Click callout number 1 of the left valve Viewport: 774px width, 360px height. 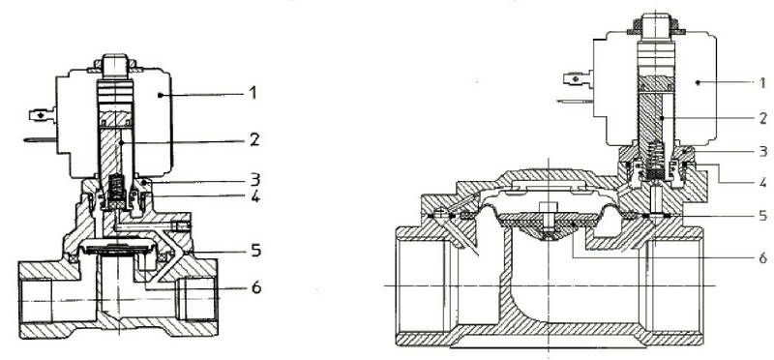(x=253, y=92)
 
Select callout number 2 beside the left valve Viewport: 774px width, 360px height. (x=254, y=139)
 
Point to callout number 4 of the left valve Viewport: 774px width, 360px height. (x=254, y=196)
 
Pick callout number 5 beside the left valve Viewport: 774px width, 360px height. (x=255, y=251)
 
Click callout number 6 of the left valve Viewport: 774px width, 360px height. (x=255, y=286)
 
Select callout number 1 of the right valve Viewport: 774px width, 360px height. (x=763, y=82)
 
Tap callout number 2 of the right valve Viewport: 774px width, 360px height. (x=763, y=118)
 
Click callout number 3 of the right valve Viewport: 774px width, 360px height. (x=763, y=151)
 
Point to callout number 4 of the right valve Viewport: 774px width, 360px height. (x=763, y=183)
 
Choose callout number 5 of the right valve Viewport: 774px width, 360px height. (x=763, y=215)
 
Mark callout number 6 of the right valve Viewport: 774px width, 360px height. (x=763, y=257)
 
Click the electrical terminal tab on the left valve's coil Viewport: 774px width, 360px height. (x=43, y=115)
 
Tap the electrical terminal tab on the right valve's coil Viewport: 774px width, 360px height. (x=578, y=78)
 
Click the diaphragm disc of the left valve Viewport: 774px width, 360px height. (x=118, y=247)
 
